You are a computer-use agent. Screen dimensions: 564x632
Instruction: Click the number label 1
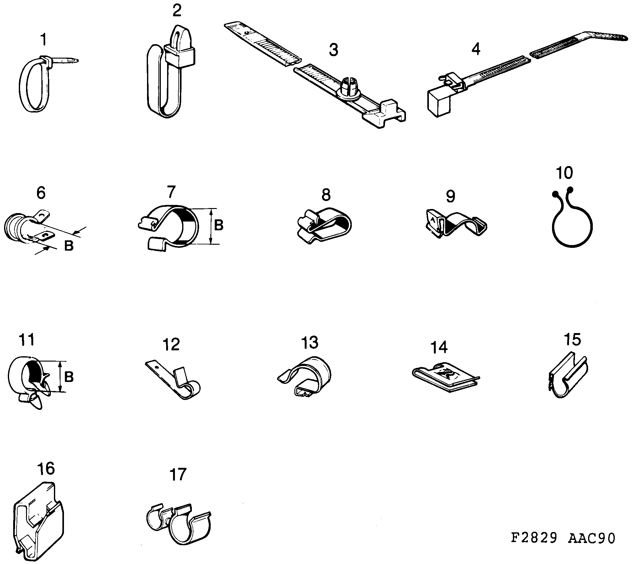tap(44, 40)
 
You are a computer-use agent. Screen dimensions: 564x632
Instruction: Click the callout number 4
tap(476, 50)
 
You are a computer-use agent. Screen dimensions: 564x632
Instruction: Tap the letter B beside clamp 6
tap(69, 246)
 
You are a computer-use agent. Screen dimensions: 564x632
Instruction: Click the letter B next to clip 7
tap(219, 225)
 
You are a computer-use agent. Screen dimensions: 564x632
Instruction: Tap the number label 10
tap(565, 173)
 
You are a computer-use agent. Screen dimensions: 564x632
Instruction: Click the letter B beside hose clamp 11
tap(69, 377)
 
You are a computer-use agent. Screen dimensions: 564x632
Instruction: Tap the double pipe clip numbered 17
tap(179, 524)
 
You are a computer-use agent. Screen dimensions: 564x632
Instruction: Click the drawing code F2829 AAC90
tap(563, 538)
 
